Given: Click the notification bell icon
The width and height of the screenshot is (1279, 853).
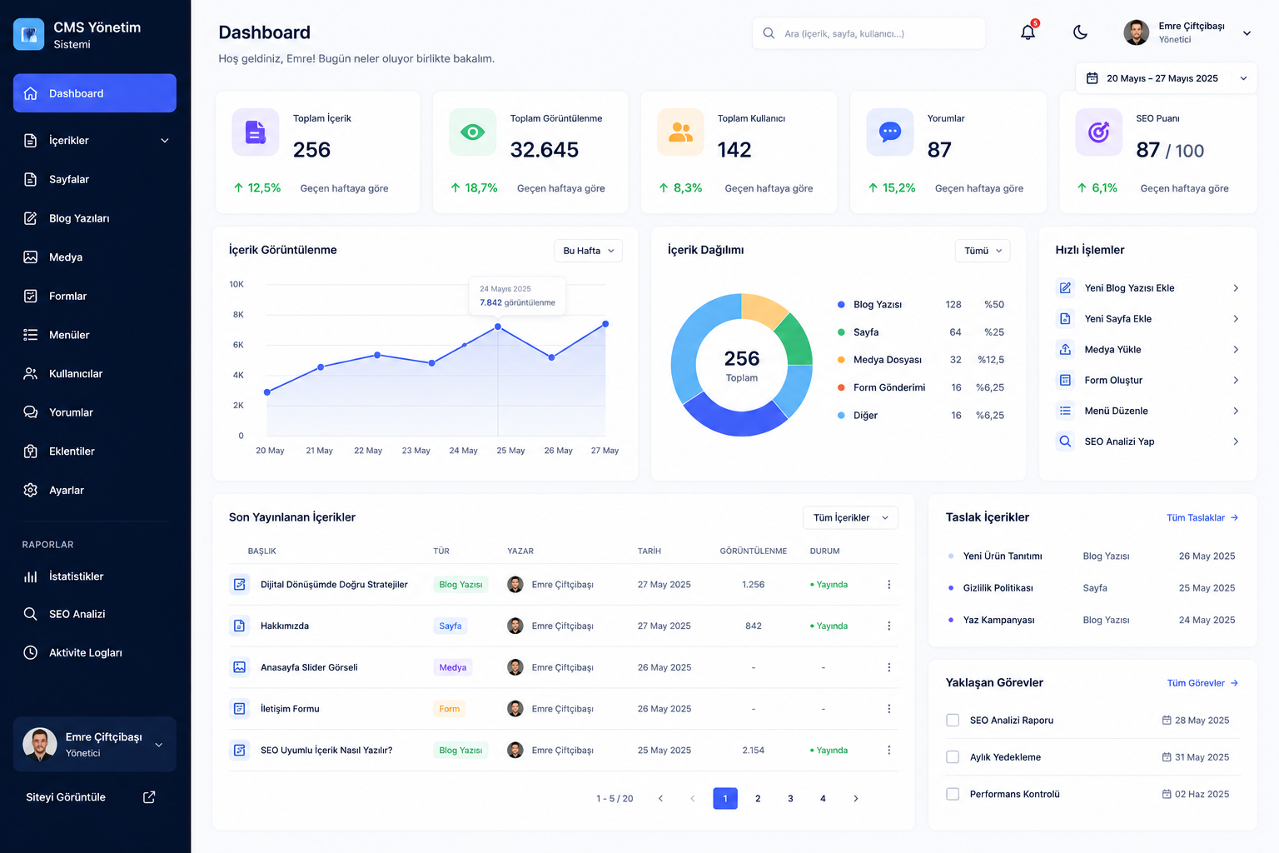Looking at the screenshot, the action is tap(1028, 32).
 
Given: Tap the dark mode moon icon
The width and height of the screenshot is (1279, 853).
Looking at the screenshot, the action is tap(1080, 32).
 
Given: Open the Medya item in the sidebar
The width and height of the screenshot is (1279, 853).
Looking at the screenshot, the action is tap(66, 257).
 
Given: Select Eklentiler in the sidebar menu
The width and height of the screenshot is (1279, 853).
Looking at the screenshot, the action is tap(72, 451).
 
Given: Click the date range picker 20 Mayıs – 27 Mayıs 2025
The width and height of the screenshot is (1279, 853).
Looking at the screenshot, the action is tap(1166, 78).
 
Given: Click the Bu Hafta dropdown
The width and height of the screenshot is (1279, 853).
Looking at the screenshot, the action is tap(588, 251).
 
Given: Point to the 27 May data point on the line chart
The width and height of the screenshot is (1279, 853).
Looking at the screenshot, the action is tap(605, 324).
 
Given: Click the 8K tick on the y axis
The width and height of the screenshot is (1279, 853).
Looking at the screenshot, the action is tap(238, 314).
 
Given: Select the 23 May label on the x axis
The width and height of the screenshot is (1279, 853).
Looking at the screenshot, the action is tap(416, 450).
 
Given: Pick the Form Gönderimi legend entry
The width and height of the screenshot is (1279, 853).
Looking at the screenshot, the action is tap(889, 387).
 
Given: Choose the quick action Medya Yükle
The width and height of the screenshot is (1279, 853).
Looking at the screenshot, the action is tap(1112, 350).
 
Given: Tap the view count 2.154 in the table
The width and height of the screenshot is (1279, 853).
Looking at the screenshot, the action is tap(753, 751).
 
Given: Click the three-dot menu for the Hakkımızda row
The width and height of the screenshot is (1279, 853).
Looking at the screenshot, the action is tap(889, 626).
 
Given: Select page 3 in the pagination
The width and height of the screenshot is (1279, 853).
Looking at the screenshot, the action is tap(790, 798).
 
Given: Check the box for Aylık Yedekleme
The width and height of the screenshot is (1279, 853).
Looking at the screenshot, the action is tap(953, 757).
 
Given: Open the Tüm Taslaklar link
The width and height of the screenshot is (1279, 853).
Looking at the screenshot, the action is tap(1202, 517).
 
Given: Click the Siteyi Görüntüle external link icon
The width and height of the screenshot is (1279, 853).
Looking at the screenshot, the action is tap(149, 797).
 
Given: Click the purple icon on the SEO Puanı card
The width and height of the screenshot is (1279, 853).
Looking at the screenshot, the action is tap(1098, 132).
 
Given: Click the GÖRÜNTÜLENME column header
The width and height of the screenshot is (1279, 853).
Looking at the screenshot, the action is tap(753, 551).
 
